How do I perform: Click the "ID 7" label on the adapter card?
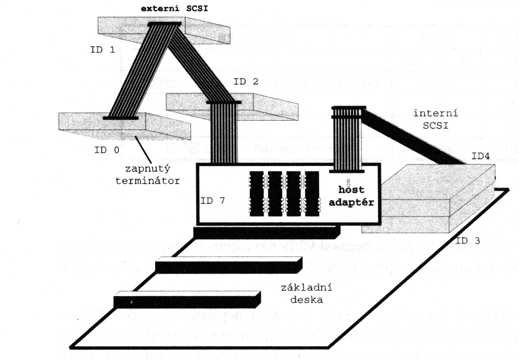point(213,201)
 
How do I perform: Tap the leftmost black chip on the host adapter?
point(257,194)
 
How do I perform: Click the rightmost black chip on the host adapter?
point(312,194)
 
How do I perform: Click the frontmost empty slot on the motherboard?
point(187,299)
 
